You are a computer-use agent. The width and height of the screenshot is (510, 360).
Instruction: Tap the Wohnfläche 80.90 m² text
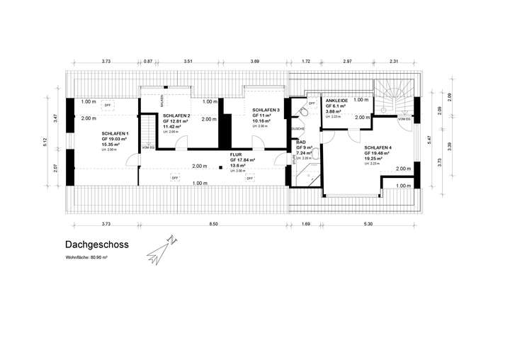86,257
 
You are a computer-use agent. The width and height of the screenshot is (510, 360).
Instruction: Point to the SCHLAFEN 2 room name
176,116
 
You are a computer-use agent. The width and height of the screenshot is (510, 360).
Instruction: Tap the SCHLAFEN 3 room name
266,111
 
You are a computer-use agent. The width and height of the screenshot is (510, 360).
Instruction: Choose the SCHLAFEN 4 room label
379,147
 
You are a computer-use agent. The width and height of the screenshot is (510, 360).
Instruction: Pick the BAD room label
300,142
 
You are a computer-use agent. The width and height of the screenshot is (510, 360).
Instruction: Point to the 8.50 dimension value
213,224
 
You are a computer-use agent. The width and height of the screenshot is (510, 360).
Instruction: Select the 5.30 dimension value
368,224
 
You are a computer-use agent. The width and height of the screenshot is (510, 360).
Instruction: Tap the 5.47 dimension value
429,140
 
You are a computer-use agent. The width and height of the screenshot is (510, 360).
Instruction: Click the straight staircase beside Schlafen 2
147,131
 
